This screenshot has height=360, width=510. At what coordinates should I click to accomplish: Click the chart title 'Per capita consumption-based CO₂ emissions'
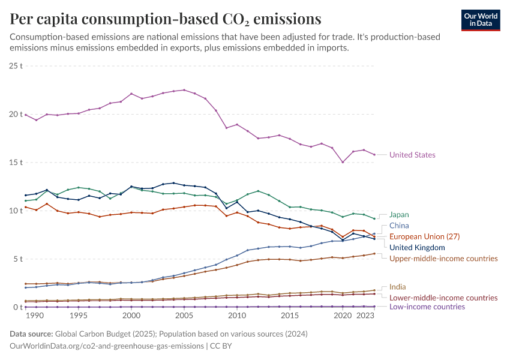(166, 19)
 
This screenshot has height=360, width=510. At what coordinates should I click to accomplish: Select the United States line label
(412, 155)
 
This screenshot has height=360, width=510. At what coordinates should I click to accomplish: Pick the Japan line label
(399, 214)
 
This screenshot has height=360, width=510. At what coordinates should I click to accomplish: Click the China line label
(399, 226)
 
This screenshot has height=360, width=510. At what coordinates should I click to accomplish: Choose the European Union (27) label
(424, 236)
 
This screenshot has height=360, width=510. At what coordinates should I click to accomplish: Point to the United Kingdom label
(417, 247)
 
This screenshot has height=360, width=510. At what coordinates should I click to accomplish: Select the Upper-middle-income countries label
(443, 259)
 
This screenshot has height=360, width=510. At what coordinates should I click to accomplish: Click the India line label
(397, 287)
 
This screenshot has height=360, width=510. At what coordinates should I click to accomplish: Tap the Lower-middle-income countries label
(443, 298)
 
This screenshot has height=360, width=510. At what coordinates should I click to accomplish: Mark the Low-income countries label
(427, 307)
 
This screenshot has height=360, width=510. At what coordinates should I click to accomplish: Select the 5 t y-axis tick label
(19, 259)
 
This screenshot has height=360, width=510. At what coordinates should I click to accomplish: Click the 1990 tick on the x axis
(35, 316)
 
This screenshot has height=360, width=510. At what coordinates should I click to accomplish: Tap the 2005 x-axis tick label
(184, 316)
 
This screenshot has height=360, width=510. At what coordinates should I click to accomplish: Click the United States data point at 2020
(343, 162)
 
